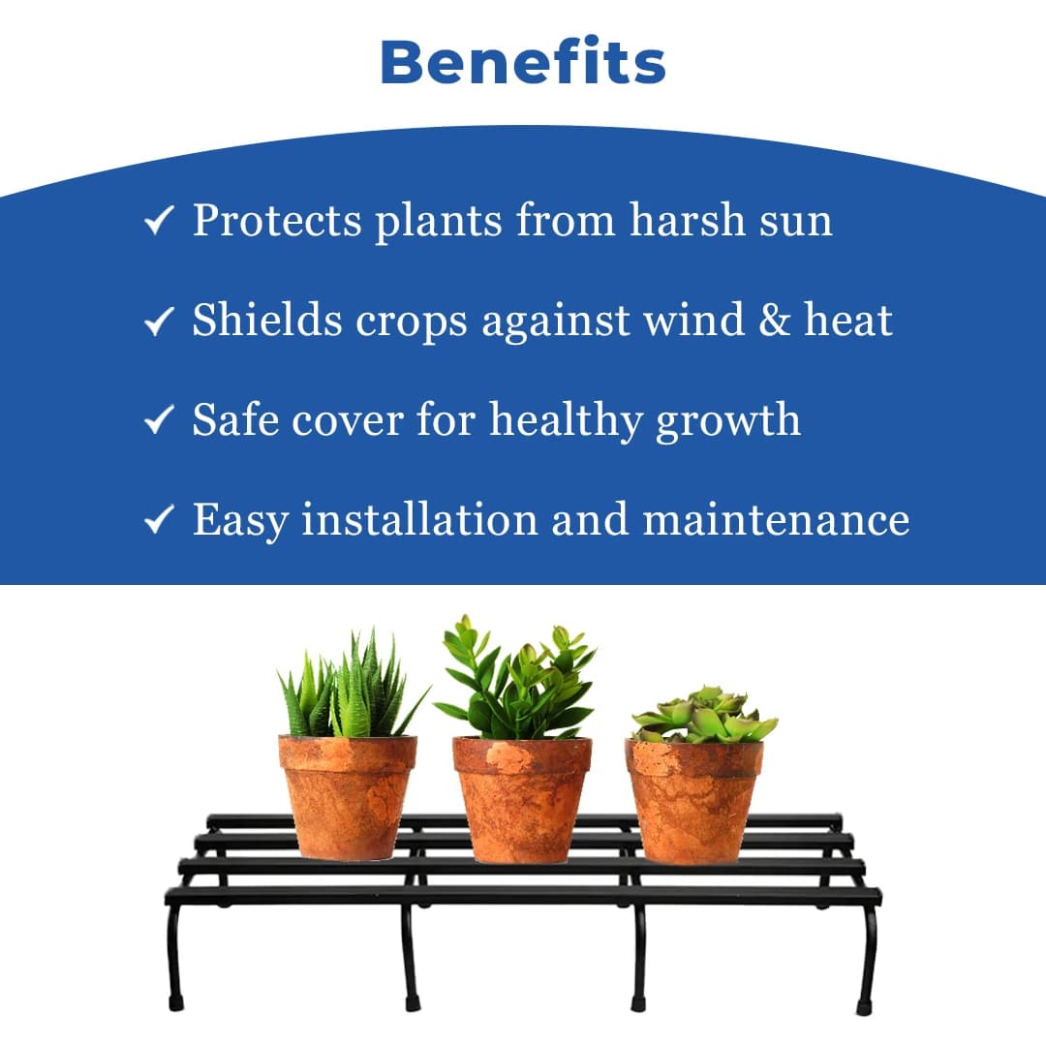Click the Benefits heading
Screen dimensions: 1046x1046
[523, 62]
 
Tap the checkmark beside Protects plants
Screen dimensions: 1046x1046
[159, 222]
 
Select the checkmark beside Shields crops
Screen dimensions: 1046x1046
[159, 321]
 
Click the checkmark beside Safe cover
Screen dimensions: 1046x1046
[159, 421]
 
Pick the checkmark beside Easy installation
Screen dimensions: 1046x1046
[159, 521]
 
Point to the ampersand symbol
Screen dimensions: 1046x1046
[774, 320]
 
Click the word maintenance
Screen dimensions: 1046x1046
[776, 520]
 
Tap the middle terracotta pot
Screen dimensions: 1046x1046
[522, 799]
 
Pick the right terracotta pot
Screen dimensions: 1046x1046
[693, 800]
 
